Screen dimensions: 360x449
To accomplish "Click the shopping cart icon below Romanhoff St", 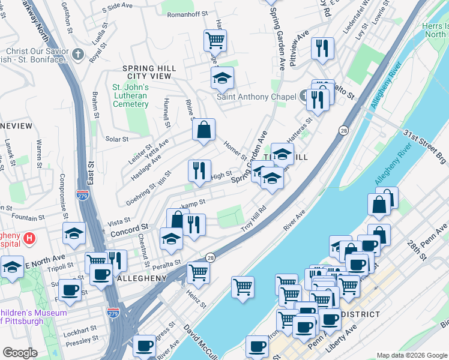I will coord(215,41).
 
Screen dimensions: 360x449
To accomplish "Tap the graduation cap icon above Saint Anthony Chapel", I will coord(221,78).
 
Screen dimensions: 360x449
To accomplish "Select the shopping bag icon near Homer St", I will coord(203,130).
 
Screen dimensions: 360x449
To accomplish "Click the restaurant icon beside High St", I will coord(199,171).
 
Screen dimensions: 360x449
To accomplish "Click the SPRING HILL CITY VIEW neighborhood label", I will coord(146,73).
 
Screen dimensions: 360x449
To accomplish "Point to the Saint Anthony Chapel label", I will coord(256,97).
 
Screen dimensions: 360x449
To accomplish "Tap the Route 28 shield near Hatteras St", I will coord(343,130).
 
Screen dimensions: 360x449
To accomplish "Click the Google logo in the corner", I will coord(20,353).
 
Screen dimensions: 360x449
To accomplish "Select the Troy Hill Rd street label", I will coord(253,219).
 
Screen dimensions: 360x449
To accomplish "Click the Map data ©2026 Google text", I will coord(411,355).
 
